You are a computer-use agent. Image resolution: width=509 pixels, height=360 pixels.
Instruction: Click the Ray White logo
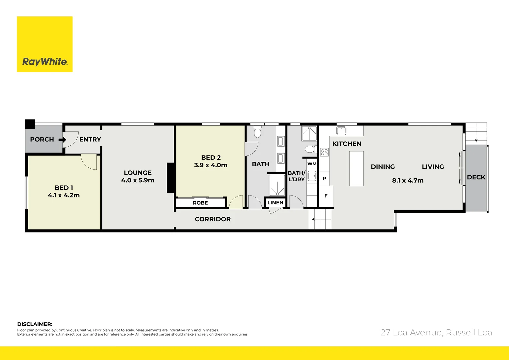(x=45, y=44)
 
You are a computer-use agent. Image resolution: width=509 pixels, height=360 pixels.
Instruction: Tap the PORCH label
(x=42, y=139)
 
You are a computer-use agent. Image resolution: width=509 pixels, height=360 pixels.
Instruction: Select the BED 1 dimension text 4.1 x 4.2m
(x=64, y=195)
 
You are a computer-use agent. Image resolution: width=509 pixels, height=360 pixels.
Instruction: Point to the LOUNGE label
(x=138, y=173)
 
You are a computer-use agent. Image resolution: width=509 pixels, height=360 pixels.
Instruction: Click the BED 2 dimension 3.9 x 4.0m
(x=211, y=165)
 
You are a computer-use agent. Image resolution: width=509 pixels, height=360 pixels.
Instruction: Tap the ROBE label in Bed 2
(x=200, y=203)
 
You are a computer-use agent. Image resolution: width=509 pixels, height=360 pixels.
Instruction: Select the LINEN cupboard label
(x=275, y=202)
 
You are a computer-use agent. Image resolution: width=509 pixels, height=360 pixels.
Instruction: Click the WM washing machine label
(x=312, y=164)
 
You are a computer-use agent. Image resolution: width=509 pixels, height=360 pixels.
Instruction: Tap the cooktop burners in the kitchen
(x=324, y=152)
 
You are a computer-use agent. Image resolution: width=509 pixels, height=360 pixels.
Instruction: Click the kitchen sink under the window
(x=341, y=130)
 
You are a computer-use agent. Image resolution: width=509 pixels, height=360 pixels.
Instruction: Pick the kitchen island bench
(x=356, y=168)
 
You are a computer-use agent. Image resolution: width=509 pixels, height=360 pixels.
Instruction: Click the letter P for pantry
(x=324, y=179)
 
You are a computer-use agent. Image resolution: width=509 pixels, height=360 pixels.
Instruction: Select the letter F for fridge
(x=326, y=196)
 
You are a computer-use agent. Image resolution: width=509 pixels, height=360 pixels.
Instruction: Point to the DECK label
(x=476, y=177)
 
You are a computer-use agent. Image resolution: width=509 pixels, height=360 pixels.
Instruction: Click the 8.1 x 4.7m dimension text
(x=408, y=181)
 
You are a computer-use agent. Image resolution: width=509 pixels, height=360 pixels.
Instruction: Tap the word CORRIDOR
(x=213, y=219)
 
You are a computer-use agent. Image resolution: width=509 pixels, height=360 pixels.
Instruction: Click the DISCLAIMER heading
(x=35, y=324)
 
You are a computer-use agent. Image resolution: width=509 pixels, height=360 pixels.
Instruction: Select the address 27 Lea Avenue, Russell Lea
(x=436, y=332)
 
